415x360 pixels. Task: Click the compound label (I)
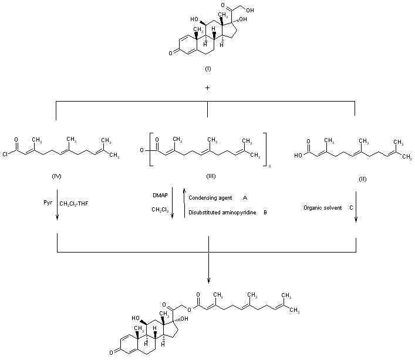coord(208,69)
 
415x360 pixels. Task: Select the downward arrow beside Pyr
coord(58,206)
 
